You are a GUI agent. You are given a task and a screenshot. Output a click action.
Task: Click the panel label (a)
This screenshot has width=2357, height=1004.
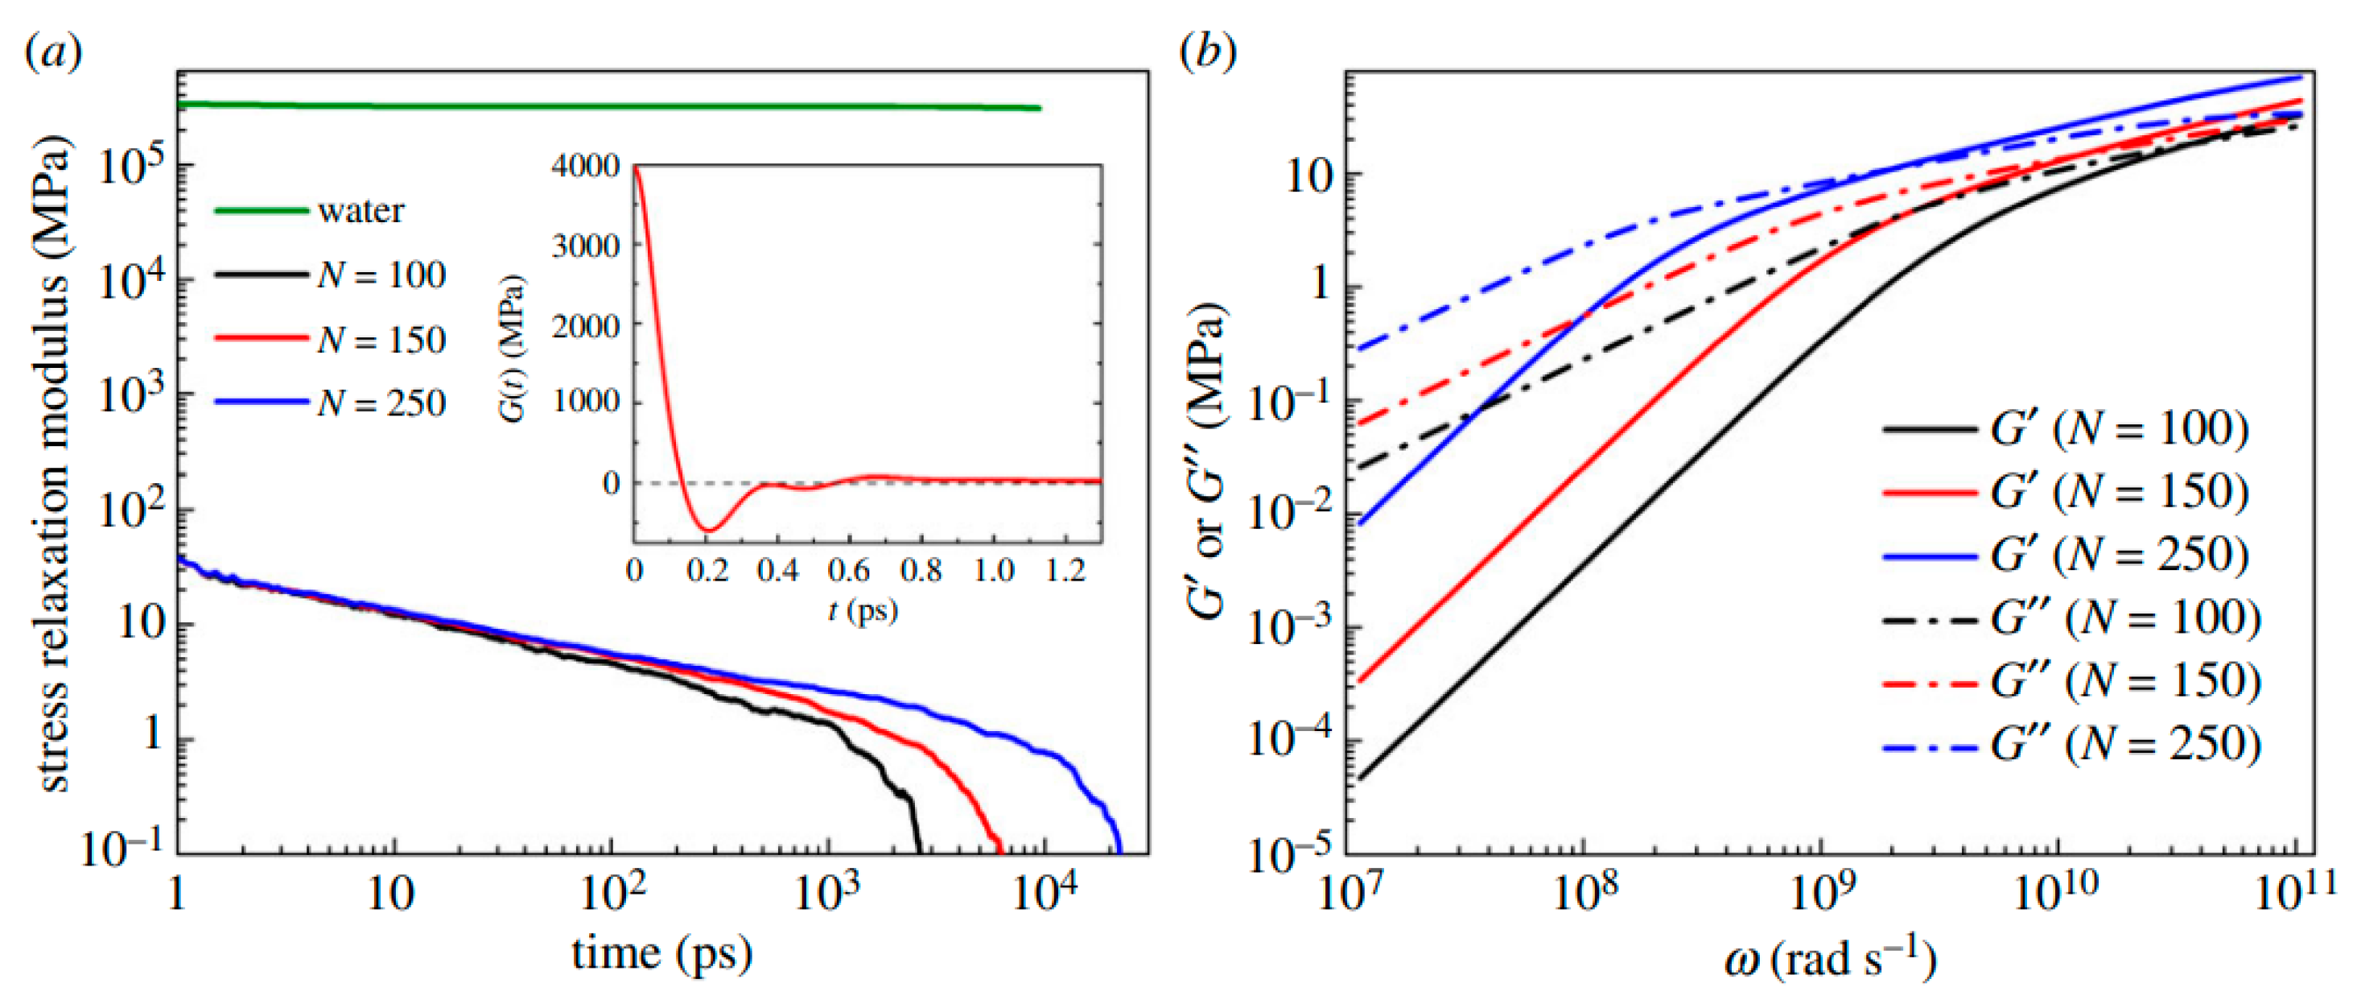[x=53, y=53]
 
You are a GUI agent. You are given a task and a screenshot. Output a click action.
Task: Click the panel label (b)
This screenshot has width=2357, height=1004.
[x=1208, y=53]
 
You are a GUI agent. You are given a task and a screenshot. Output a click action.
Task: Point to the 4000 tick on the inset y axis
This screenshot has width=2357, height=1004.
[x=586, y=167]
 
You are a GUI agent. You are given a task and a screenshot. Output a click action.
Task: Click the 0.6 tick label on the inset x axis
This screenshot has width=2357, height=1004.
[x=848, y=571]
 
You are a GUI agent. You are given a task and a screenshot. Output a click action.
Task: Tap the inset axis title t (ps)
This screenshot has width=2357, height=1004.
[x=863, y=610]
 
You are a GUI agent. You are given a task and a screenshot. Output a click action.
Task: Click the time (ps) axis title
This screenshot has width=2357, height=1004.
[x=661, y=953]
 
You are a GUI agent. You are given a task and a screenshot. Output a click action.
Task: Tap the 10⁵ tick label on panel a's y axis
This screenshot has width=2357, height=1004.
[x=131, y=167]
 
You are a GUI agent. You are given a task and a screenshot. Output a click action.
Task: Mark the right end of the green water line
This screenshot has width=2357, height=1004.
[x=1040, y=109]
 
